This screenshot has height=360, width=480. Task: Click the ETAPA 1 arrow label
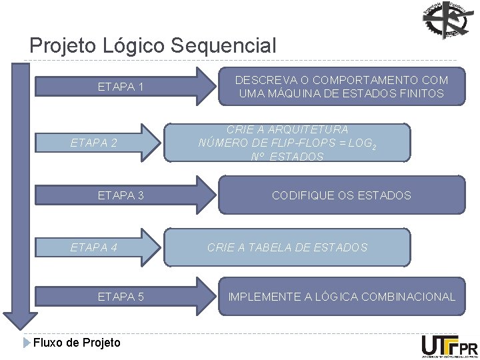pyautogui.click(x=121, y=87)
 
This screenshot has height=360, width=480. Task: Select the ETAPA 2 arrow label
pyautogui.click(x=94, y=142)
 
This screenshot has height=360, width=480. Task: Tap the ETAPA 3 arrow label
pyautogui.click(x=121, y=195)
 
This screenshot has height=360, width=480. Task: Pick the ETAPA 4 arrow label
pyautogui.click(x=94, y=247)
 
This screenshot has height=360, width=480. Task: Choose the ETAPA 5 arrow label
pyautogui.click(x=121, y=297)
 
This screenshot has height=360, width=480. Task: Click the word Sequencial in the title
pyautogui.click(x=223, y=46)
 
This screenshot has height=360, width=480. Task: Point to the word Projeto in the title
pyautogui.click(x=63, y=46)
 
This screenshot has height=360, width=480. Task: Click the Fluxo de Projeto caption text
pyautogui.click(x=77, y=343)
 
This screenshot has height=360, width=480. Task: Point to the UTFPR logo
pyautogui.click(x=449, y=347)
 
